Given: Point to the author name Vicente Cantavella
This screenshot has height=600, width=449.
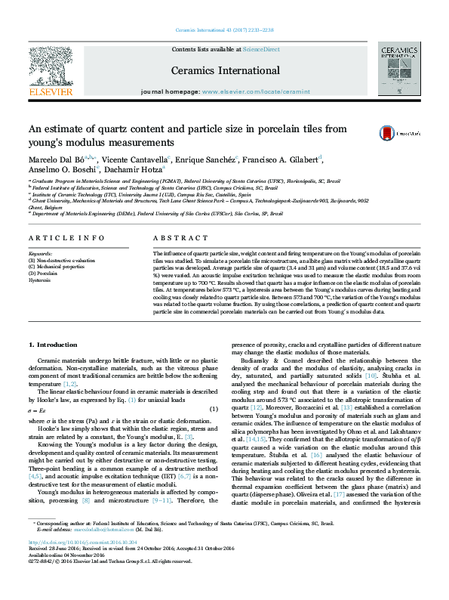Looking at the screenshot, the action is tap(143, 159).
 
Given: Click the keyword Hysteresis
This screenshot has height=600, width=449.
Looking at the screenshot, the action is tap(42, 280).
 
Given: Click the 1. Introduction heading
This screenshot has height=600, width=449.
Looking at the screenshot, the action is tap(52, 345).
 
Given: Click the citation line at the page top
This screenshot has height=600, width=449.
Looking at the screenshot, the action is tap(224, 30).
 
